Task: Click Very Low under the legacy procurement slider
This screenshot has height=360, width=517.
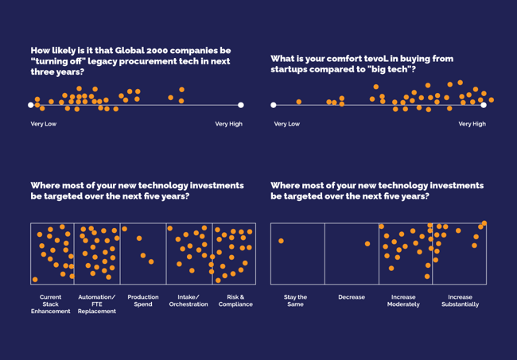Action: (x=44, y=124)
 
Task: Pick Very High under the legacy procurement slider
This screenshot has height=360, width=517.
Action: (x=228, y=124)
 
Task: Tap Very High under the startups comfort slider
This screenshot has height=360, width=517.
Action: (x=472, y=124)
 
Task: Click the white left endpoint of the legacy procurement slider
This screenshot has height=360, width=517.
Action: (x=31, y=105)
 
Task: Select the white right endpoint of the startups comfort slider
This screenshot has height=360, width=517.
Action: (x=483, y=105)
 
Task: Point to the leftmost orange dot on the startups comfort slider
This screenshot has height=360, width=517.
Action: (x=299, y=102)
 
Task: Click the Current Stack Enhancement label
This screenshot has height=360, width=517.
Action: (x=51, y=304)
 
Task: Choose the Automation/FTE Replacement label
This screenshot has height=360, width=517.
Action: (x=96, y=304)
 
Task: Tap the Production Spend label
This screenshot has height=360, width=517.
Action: (x=143, y=300)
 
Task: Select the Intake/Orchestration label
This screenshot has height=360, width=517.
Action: (x=189, y=300)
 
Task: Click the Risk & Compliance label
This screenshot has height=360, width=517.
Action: (x=235, y=300)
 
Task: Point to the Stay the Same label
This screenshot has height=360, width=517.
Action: (x=295, y=300)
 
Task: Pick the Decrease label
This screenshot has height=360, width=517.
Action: (x=352, y=297)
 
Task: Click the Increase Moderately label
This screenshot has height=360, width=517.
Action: (x=403, y=300)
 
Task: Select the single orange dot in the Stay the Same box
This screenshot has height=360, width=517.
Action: (x=281, y=241)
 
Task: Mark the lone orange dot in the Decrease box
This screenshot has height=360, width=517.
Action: (x=367, y=244)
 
